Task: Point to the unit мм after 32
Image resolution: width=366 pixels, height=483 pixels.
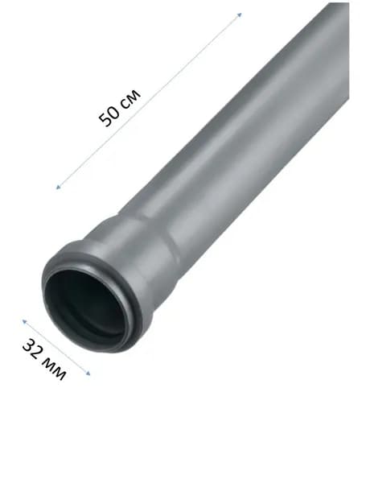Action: (x=55, y=369)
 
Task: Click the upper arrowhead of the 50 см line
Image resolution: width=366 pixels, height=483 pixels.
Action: (x=240, y=14)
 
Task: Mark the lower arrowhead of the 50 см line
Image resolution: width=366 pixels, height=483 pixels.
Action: (x=58, y=187)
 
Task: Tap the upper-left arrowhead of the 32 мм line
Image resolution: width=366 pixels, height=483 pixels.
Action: (x=24, y=321)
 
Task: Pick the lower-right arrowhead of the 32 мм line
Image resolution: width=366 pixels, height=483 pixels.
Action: (x=88, y=374)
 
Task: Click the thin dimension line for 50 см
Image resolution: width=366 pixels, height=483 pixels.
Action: (x=149, y=101)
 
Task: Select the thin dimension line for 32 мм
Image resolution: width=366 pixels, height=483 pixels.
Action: (x=56, y=348)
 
